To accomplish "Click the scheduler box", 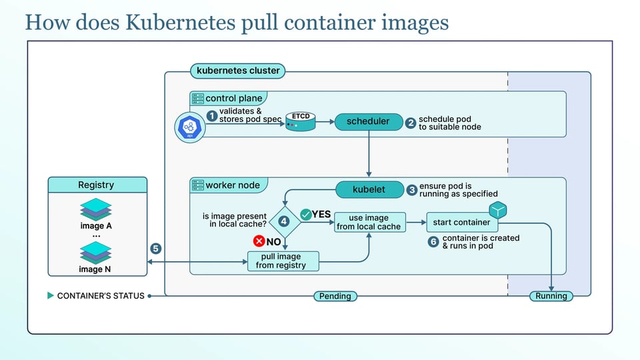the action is [369, 121].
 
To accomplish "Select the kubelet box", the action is [369, 189].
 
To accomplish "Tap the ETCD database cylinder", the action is [301, 121].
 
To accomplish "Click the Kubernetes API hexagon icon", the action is [190, 127].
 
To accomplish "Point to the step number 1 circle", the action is [212, 116].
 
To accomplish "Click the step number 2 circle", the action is [411, 123].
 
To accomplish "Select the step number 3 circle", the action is [411, 190].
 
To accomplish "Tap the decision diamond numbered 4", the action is [284, 221].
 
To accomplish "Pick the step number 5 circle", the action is [155, 249].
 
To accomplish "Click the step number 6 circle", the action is [433, 241].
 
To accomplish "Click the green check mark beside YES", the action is [306, 215].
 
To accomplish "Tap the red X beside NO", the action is [259, 241].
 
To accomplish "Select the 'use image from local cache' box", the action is [370, 223].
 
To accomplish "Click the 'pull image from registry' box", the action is [283, 261].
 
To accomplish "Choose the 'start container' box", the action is [462, 223].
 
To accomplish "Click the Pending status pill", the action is [335, 296].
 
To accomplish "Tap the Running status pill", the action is [551, 296].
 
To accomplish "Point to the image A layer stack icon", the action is [96, 209].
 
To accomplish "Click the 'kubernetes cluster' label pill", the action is [238, 71].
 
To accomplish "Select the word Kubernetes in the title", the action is [181, 22].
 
